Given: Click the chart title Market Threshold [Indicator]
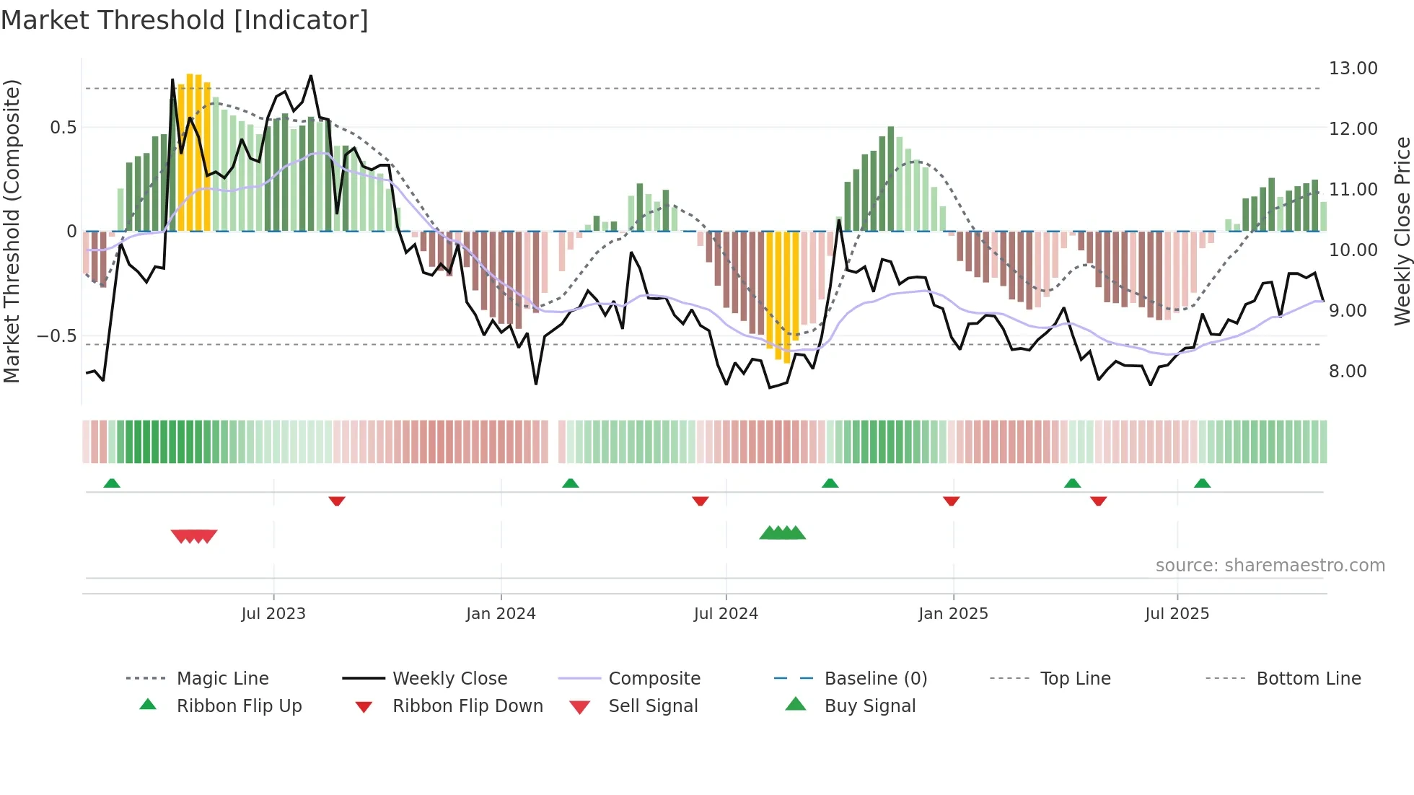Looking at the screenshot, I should click(185, 20).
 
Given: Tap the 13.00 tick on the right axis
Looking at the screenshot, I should click(1353, 69).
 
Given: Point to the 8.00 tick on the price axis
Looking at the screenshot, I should click(1347, 372).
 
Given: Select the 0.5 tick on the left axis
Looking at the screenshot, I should click(63, 128).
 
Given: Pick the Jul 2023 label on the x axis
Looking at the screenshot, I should click(273, 614).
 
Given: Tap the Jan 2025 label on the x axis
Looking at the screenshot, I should click(953, 614).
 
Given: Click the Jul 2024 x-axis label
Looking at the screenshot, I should click(726, 614).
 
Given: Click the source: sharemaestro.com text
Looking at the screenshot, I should click(1270, 566).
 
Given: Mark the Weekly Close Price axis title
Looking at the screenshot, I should click(1402, 231).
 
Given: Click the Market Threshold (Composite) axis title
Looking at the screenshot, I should click(12, 231).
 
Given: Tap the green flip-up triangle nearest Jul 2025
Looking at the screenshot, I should click(1202, 483).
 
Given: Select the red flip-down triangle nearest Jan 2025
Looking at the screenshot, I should click(951, 501).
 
